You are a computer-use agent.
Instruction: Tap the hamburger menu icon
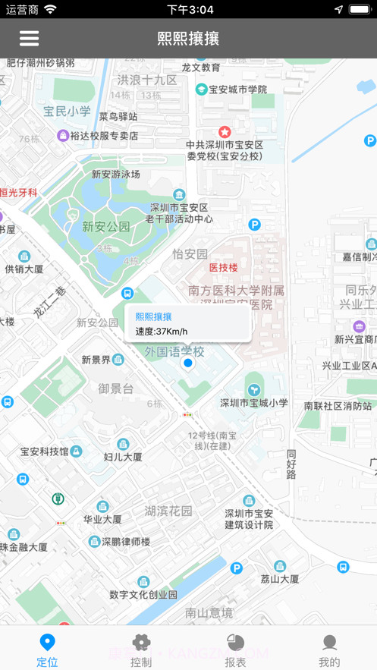click(29, 38)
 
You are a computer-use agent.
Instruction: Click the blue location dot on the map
click(188, 364)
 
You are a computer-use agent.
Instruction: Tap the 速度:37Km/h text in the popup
click(162, 331)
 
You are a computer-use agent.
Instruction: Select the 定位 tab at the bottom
click(47, 650)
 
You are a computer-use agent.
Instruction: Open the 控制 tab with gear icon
click(141, 650)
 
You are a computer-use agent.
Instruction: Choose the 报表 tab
click(236, 650)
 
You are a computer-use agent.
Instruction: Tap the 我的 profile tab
click(329, 650)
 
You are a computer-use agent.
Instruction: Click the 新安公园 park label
click(106, 226)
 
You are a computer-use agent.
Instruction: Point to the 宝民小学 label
click(67, 112)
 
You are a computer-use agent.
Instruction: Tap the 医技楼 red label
click(224, 267)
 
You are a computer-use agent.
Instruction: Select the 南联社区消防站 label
click(338, 406)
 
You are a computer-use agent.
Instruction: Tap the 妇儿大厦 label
click(123, 457)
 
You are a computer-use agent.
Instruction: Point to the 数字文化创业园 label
click(143, 594)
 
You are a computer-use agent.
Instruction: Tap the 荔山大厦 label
click(280, 579)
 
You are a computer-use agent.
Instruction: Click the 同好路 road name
click(291, 464)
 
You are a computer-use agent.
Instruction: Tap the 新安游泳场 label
click(116, 174)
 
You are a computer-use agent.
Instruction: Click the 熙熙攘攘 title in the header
click(188, 39)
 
